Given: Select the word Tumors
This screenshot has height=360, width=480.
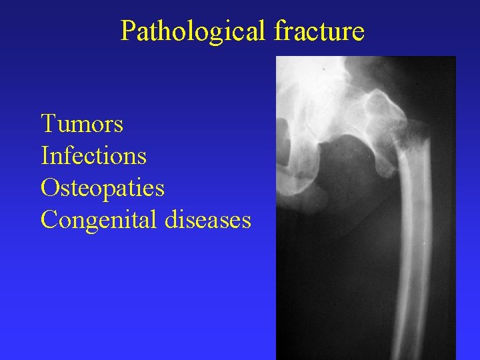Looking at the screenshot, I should click(x=82, y=123).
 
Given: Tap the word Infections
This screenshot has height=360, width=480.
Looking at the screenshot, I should click(x=93, y=155).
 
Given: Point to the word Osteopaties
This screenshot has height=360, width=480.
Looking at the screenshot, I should click(x=103, y=187).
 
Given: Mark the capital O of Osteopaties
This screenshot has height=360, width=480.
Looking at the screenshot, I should click(x=49, y=187).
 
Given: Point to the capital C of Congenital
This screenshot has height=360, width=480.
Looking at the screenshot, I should click(x=49, y=219).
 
